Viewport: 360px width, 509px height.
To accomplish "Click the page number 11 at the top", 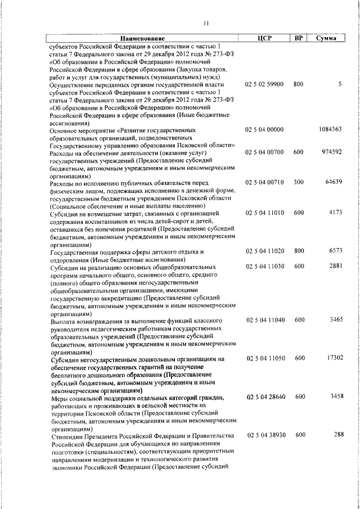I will click(x=206, y=23).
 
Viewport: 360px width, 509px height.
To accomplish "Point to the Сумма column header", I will click(x=326, y=38).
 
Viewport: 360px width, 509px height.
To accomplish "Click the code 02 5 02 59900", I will click(x=264, y=84).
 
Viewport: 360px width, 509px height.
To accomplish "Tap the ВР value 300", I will click(x=298, y=183).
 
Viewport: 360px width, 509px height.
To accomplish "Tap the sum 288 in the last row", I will click(x=337, y=435).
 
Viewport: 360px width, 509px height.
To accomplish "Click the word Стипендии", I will click(x=66, y=435).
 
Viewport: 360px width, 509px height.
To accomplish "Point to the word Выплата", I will click(x=63, y=320).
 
